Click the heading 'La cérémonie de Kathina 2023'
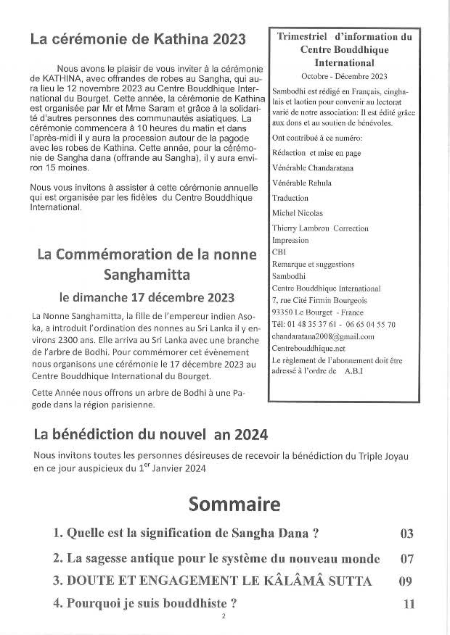[x=138, y=39]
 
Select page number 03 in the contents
[x=406, y=534]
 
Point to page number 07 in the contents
[x=406, y=559]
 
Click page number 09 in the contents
[x=406, y=581]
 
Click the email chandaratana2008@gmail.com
[x=322, y=336]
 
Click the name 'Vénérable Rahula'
[x=301, y=183]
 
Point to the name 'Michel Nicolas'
[x=297, y=212]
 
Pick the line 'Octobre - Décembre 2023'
[x=344, y=76]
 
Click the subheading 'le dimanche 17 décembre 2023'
[x=147, y=296]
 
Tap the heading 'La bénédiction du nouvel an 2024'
[x=151, y=435]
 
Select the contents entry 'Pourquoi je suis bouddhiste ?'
[x=145, y=603]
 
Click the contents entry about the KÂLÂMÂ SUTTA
[x=212, y=581]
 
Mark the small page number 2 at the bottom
[x=224, y=617]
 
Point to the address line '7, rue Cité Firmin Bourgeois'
[x=319, y=300]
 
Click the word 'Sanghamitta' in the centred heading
[x=147, y=275]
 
